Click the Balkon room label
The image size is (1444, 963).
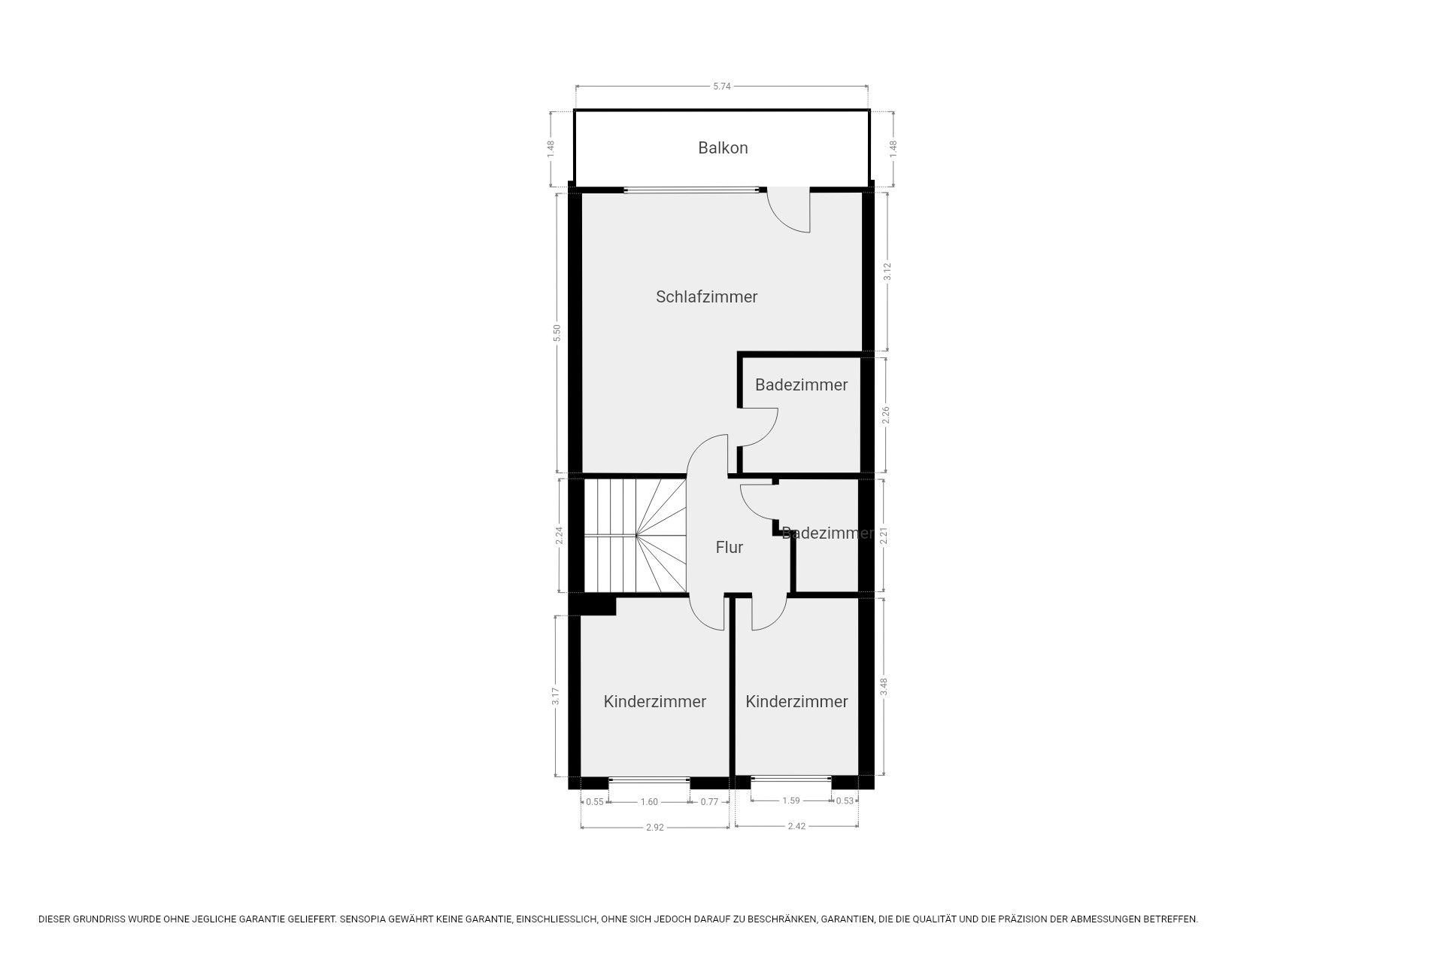(x=723, y=147)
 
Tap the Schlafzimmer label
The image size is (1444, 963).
(x=706, y=296)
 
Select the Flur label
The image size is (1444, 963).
(x=729, y=547)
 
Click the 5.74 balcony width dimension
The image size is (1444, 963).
(x=722, y=86)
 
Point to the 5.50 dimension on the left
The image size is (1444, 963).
(x=557, y=333)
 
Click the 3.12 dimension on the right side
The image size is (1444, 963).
(x=887, y=272)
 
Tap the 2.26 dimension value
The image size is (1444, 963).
(x=886, y=415)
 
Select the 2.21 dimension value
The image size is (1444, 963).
(x=884, y=536)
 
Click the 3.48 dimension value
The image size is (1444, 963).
(x=884, y=687)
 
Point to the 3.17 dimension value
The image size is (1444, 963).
(x=556, y=697)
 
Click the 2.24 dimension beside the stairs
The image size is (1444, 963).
(x=559, y=536)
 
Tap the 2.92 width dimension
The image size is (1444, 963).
(x=655, y=827)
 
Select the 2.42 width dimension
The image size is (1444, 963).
(x=796, y=826)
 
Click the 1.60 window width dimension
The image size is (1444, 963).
(x=649, y=802)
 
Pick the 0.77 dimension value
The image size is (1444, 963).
(x=709, y=802)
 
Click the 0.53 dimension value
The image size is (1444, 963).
(x=845, y=800)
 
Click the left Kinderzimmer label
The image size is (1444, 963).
(x=654, y=701)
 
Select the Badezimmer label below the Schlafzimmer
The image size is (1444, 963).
(x=801, y=384)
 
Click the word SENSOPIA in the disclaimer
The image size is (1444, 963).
(x=364, y=919)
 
